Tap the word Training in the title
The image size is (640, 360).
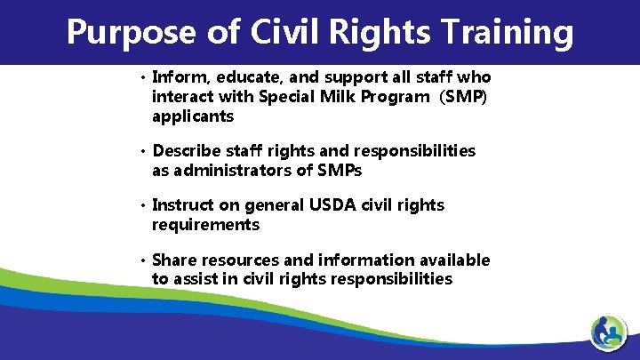[x=504, y=33]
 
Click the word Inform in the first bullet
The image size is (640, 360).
[x=178, y=77]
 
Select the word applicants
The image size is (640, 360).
[x=193, y=116]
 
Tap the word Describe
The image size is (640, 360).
[x=189, y=151]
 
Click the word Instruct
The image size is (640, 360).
[x=185, y=205]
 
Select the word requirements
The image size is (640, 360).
[x=206, y=225]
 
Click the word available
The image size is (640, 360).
[x=452, y=260]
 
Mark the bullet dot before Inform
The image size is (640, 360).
[x=142, y=78]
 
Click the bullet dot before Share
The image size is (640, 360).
[x=142, y=260]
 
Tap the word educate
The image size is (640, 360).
[x=240, y=77]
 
